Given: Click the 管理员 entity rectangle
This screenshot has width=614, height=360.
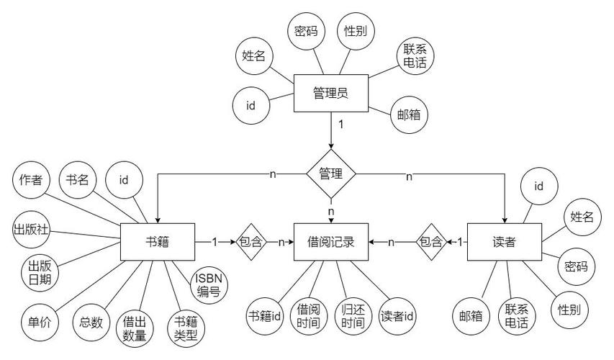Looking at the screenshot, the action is (x=331, y=93).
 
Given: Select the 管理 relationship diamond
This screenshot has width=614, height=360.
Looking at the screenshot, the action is (x=331, y=174).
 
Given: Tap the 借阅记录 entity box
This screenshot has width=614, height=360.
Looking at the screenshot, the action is (x=331, y=242).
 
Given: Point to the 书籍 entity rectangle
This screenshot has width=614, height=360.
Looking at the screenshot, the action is (x=158, y=242).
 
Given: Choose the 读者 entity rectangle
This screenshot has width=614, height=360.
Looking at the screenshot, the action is (x=505, y=242).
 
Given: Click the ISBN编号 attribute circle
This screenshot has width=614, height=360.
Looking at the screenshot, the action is (x=209, y=285).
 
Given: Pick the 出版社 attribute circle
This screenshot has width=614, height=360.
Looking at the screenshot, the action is (x=31, y=229).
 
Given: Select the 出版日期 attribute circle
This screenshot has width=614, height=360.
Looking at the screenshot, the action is (x=40, y=273).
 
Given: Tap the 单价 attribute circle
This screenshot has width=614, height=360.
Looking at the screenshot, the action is (x=40, y=323).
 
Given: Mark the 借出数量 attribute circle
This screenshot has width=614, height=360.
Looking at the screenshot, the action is (x=135, y=328).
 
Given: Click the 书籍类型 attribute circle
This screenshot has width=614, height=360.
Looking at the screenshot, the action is (x=186, y=328).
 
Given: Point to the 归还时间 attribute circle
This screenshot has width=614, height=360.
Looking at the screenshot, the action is (x=353, y=316).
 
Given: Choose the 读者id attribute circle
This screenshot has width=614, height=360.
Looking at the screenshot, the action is (x=397, y=316).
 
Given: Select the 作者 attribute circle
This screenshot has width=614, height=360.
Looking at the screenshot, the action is (x=31, y=180).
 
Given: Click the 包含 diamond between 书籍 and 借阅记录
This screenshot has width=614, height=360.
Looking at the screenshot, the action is (x=250, y=242).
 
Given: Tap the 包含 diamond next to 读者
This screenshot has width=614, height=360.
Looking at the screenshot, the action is (x=431, y=242).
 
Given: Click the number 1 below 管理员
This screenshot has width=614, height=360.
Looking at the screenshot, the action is (x=341, y=125).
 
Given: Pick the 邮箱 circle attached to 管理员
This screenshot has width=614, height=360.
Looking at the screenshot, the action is (x=409, y=114).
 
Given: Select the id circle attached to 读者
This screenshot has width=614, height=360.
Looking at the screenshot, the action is (x=539, y=186).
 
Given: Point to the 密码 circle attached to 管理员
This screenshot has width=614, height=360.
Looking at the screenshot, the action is (x=306, y=31).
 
